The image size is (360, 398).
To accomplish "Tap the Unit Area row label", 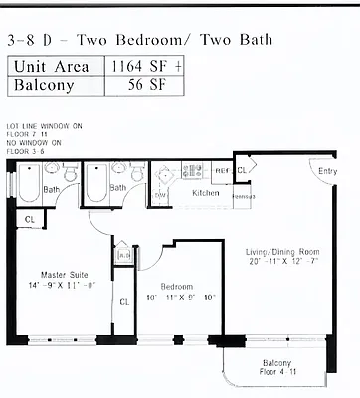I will pyautogui.click(x=56, y=66).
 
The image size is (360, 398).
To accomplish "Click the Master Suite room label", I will pyautogui.click(x=64, y=275).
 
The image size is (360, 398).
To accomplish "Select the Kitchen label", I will pyautogui.click(x=206, y=193).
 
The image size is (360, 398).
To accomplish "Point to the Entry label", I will pyautogui.click(x=327, y=171).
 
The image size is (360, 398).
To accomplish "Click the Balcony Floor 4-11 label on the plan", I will pyautogui.click(x=277, y=367).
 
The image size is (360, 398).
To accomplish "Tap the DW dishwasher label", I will pyautogui.click(x=161, y=194).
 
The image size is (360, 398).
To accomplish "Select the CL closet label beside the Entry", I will pyautogui.click(x=242, y=170).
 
